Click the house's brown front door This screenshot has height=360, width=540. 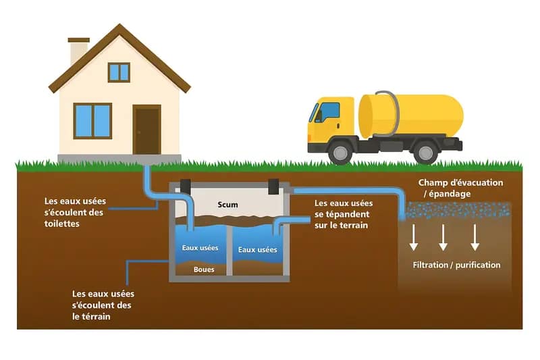coord(146,130)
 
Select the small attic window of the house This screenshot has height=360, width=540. coord(119,72)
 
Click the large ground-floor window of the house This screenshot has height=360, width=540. coord(92,121)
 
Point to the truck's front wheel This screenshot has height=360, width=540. coord(341,151)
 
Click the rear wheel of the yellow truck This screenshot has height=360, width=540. coord(426,151)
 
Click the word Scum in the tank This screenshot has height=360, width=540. coord(229,204)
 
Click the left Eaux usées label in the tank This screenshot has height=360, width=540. coord(201,247)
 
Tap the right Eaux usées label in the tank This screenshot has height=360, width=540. coord(258,249)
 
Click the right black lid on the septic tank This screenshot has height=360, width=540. coord(273,184)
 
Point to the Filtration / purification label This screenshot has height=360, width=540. coord(456,265)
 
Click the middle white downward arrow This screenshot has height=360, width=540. coord(443,237)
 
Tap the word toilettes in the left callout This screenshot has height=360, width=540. coord(62,223)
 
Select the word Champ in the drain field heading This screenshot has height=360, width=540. coord(433,182)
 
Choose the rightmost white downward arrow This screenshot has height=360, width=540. coord(475,237)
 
